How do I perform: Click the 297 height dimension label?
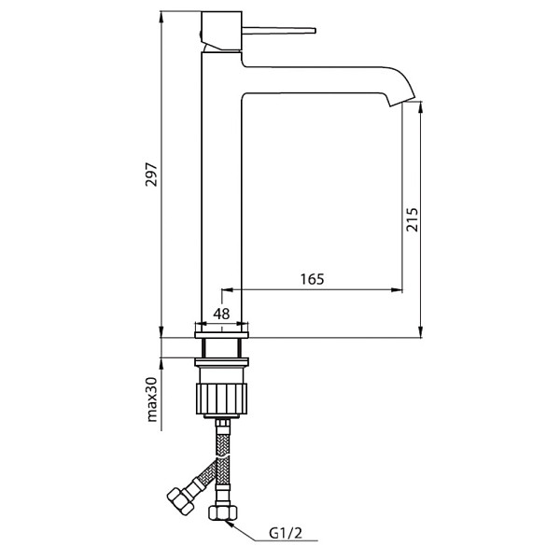[151, 175]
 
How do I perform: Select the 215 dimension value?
[412, 219]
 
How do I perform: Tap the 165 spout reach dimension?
[312, 279]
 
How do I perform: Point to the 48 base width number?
[221, 314]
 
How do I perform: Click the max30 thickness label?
[152, 399]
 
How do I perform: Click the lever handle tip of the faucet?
[314, 31]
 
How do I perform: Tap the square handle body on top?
[221, 31]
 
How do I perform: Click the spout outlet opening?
[402, 102]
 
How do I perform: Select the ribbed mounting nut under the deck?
[221, 399]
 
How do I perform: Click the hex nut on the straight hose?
[222, 512]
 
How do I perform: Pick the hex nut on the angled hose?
[181, 500]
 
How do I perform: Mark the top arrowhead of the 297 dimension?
[161, 17]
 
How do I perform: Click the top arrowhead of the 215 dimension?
[421, 107]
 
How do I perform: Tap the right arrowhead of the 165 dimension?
[397, 289]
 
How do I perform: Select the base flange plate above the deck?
[221, 335]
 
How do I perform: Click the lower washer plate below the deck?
[221, 362]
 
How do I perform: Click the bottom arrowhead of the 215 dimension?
[421, 331]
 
